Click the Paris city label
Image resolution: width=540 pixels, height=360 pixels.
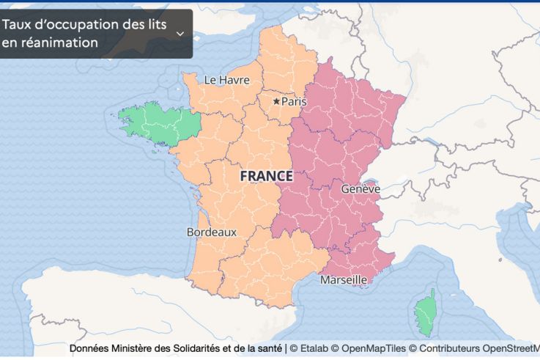pyautogui.click(x=294, y=102)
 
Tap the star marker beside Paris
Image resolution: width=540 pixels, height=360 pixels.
pyautogui.click(x=276, y=101)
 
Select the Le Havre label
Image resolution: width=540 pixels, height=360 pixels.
pyautogui.click(x=226, y=80)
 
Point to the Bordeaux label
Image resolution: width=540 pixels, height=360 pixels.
pyautogui.click(x=212, y=232)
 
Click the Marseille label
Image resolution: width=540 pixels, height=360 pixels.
pyautogui.click(x=344, y=280)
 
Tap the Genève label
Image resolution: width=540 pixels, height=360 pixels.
pyautogui.click(x=360, y=189)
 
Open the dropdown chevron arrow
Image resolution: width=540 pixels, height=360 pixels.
pyautogui.click(x=180, y=34)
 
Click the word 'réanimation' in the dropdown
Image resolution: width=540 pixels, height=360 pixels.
pyautogui.click(x=50, y=43)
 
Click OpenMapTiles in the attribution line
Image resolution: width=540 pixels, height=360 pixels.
pyautogui.click(x=369, y=349)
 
